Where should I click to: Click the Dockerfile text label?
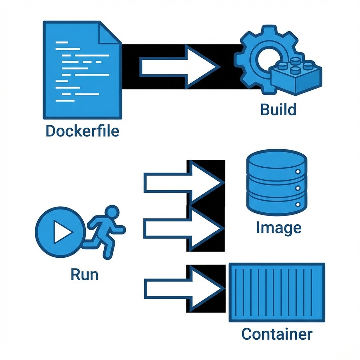[82, 131]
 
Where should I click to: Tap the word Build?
[278, 109]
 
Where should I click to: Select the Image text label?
[278, 228]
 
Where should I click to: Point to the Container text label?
[277, 334]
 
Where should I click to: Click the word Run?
[84, 274]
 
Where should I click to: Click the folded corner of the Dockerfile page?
[110, 33]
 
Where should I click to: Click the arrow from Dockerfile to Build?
[179, 66]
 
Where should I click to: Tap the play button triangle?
[62, 232]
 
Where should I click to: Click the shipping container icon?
[277, 292]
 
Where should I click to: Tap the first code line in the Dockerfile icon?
[62, 43]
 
